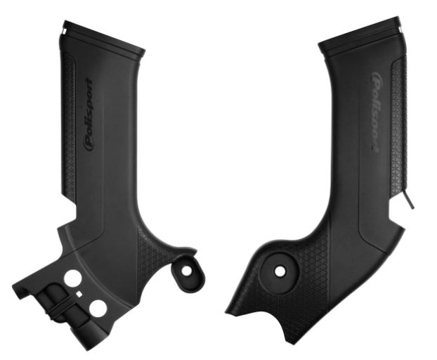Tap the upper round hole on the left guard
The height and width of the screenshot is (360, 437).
[x=72, y=279]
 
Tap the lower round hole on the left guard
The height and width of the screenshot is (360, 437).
[x=98, y=307]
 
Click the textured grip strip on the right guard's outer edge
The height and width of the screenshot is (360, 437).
[x=398, y=127]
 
